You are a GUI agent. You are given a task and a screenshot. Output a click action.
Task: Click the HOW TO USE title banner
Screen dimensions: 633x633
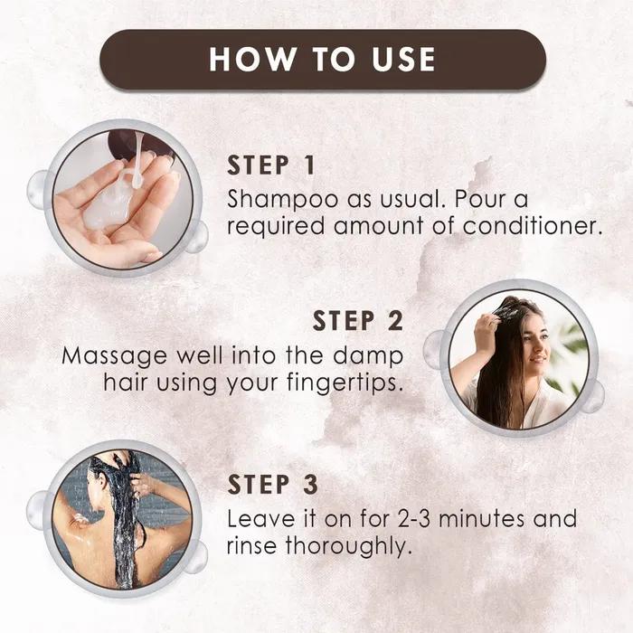(x=323, y=60)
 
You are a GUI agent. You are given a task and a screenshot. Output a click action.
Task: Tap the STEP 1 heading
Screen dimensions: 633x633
(x=271, y=165)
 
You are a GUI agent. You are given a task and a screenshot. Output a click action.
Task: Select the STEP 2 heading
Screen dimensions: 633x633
(x=358, y=321)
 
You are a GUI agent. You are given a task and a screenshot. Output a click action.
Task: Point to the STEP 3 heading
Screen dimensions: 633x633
(x=272, y=486)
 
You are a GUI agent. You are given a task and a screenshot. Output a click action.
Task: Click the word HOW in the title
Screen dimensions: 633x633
(x=245, y=60)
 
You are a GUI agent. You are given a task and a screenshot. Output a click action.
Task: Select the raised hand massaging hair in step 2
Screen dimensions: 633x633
(x=487, y=335)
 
